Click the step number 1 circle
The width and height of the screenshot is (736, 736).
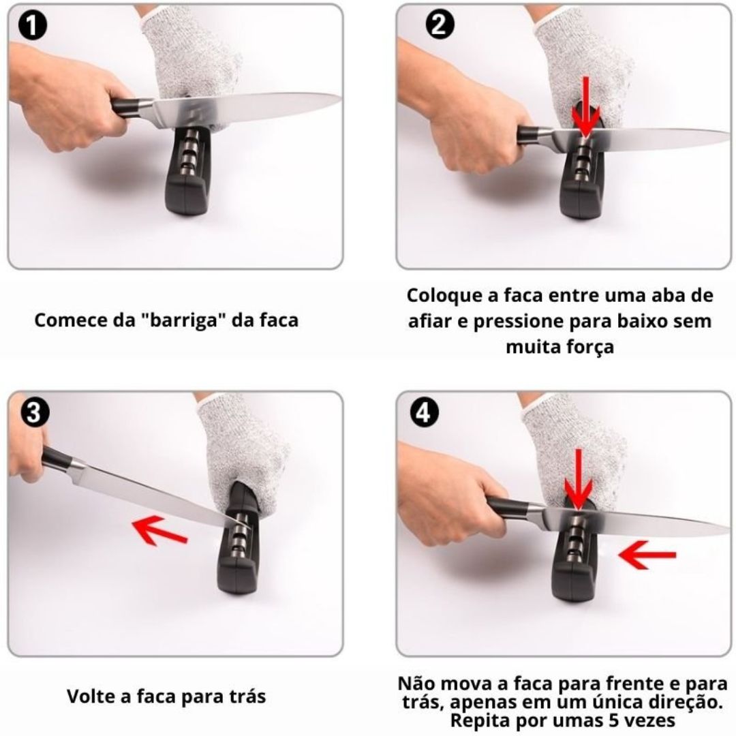(x=33, y=27)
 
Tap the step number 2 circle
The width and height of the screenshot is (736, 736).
(x=440, y=24)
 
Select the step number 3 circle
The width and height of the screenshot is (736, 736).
(x=35, y=412)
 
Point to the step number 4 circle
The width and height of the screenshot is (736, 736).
(x=424, y=413)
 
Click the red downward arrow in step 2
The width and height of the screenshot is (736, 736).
(x=585, y=108)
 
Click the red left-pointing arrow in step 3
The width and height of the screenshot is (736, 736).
(x=160, y=531)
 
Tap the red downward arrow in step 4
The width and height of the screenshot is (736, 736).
(x=579, y=480)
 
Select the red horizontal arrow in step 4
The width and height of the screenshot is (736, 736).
(x=647, y=555)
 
